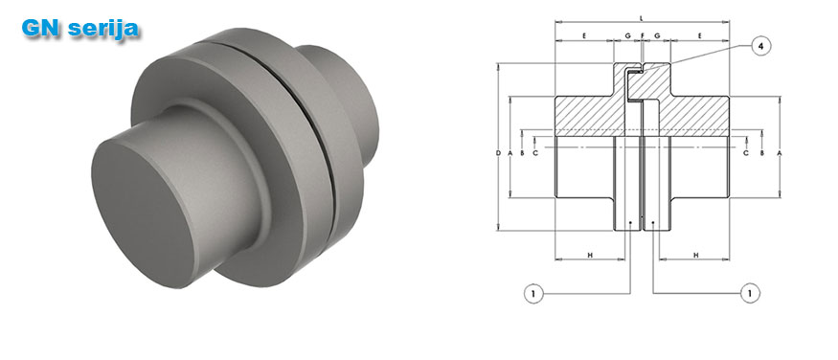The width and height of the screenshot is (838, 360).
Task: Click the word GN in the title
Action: (40, 29)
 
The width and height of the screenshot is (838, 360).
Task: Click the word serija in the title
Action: (102, 30)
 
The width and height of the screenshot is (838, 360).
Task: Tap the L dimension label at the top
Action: (642, 18)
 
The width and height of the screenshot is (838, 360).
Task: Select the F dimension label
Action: (642, 35)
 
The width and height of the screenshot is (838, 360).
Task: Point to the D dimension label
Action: (498, 153)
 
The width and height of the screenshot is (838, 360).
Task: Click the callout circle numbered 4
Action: (761, 46)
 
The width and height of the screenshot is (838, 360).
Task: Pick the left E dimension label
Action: (584, 35)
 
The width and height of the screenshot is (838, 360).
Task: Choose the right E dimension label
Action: (699, 35)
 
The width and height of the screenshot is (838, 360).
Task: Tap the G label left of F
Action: (627, 35)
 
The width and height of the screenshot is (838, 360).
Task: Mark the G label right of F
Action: (657, 35)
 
